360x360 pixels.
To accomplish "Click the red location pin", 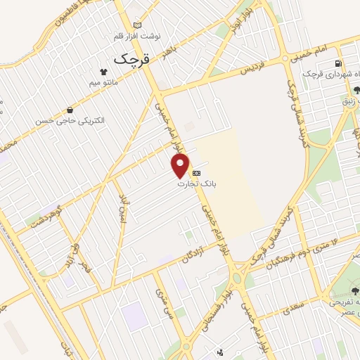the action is (180, 165).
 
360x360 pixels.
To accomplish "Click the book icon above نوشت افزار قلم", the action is (136, 25).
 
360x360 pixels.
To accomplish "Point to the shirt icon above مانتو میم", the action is (103, 72).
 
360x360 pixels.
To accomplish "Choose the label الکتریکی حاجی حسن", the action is (70, 120).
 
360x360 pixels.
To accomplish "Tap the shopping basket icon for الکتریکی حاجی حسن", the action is (70, 110).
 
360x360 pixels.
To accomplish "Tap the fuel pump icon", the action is (340, 65).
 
